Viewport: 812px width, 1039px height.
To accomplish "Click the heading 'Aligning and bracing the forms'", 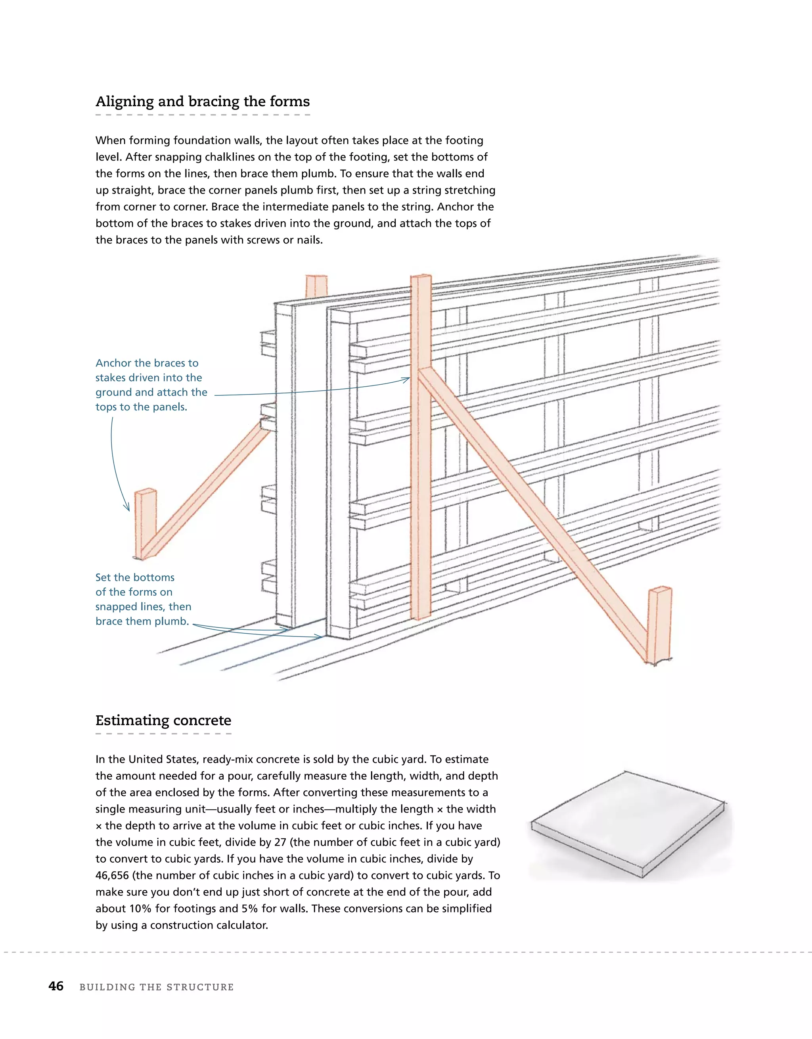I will click(x=202, y=102).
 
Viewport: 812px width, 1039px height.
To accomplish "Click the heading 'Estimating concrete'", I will click(x=163, y=720).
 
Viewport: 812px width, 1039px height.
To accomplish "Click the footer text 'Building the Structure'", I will click(x=157, y=987).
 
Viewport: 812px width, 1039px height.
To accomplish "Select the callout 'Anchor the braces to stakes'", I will click(x=151, y=385).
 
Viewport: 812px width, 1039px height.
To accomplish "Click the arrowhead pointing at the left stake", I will click(x=128, y=508).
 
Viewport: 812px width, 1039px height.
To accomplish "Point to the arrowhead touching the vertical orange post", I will click(x=406, y=380).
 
